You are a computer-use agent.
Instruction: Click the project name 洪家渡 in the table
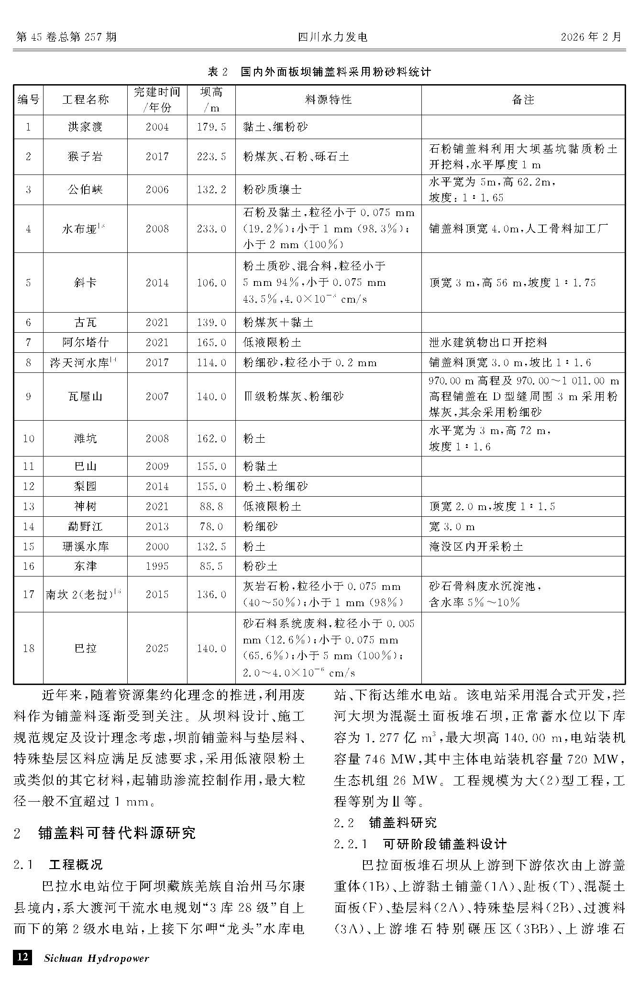(x=85, y=127)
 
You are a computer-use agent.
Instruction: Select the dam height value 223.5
(x=211, y=157)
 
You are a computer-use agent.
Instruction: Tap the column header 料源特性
(x=328, y=99)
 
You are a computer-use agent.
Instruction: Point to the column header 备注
(x=523, y=99)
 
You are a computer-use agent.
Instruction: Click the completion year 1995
(x=157, y=566)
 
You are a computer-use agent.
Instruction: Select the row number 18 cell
(x=28, y=648)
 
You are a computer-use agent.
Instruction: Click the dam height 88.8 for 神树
(x=211, y=507)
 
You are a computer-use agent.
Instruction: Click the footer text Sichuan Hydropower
(x=96, y=958)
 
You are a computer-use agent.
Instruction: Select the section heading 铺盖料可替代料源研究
(x=117, y=833)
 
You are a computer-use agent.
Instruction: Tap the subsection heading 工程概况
(x=76, y=864)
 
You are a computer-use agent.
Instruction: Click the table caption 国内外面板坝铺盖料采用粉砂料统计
(x=336, y=72)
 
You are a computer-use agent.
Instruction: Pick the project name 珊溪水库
(x=85, y=546)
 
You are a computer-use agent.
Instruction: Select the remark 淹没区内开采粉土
(x=476, y=546)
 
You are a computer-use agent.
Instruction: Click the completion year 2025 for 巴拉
(x=157, y=648)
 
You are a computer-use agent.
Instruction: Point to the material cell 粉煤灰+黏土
(x=278, y=323)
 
